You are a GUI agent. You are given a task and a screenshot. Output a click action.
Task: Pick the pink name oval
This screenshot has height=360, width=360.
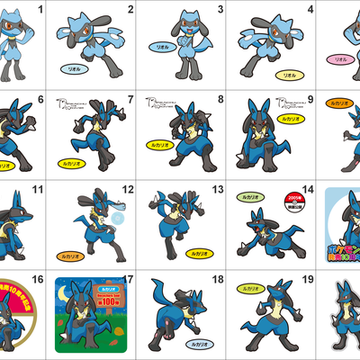pyautogui.click(x=340, y=59)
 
